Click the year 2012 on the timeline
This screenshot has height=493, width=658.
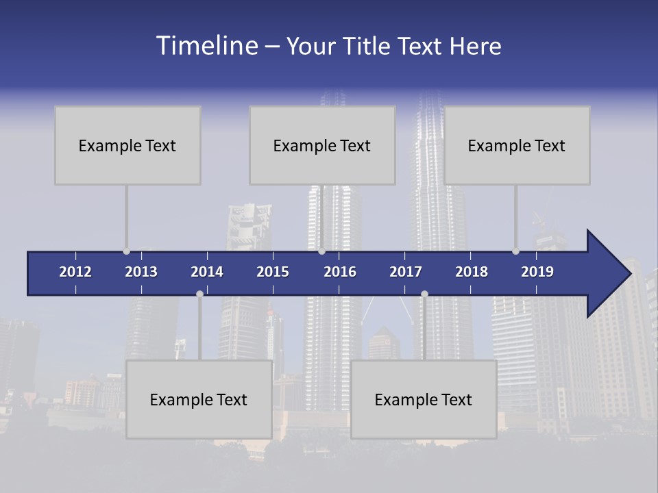pos(75,272)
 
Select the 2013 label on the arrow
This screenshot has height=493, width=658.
pos(141,272)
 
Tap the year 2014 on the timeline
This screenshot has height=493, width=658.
pos(207,272)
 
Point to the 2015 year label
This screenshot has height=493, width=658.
pos(273,272)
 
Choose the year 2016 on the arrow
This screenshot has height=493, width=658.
pos(340,272)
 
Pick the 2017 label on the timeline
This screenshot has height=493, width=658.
pos(406,272)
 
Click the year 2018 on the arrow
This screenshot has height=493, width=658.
pos(472,272)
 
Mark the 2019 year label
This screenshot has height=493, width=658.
pos(537,272)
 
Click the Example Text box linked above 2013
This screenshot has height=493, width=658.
pos(127,145)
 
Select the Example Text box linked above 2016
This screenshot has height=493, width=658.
pos(322,145)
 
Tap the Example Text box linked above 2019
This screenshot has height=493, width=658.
pos(517,145)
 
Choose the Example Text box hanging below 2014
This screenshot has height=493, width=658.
pos(199,399)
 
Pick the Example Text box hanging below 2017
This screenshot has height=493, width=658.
pos(424,399)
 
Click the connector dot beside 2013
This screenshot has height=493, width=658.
pos(126,251)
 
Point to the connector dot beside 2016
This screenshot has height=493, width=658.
pos(321,251)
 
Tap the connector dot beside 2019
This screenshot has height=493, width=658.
pos(515,251)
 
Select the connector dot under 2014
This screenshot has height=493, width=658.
pos(199,294)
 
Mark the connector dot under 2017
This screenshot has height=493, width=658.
pos(424,294)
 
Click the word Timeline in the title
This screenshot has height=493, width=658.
pos(206,46)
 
